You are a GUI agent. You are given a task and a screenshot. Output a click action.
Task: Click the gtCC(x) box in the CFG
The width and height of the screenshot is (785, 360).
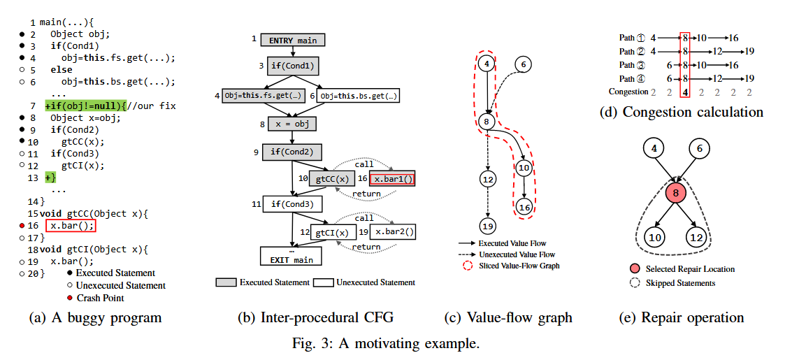(x=332, y=179)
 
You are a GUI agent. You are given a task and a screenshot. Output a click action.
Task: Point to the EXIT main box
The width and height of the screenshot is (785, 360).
(x=291, y=256)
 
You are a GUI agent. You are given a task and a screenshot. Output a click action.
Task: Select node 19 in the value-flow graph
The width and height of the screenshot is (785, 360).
(x=488, y=226)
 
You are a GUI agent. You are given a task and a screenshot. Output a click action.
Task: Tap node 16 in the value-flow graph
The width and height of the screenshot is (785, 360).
(x=524, y=206)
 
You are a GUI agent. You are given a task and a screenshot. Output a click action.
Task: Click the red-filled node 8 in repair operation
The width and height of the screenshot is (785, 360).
(x=677, y=194)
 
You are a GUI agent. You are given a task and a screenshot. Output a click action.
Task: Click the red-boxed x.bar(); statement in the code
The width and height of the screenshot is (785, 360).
(x=70, y=226)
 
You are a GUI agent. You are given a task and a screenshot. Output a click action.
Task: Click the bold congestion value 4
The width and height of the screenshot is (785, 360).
(x=686, y=92)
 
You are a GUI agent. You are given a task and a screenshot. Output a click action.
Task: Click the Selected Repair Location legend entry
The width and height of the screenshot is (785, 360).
(x=689, y=269)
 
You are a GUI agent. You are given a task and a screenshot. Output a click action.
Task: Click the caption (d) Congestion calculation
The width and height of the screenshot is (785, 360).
(x=682, y=112)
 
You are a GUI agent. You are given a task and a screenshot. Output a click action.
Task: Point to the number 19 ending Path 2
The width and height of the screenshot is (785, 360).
(x=749, y=51)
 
